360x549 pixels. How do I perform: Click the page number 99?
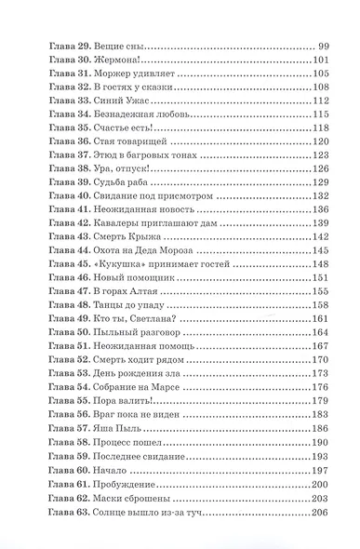point(325,46)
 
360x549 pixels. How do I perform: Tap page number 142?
point(321,238)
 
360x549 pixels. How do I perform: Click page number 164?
point(321,333)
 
